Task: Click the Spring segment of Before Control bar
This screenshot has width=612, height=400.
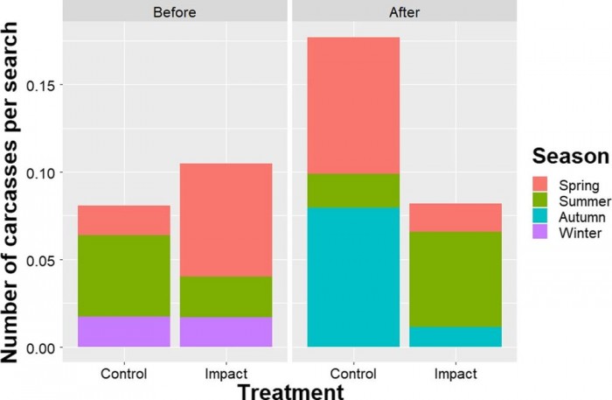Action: tap(123, 221)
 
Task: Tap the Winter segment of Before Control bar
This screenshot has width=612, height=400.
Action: tap(123, 332)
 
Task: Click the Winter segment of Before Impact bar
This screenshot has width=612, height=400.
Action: tap(226, 332)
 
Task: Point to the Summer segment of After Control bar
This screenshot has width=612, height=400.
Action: tap(353, 190)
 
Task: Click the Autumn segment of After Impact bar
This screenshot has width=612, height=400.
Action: tap(456, 337)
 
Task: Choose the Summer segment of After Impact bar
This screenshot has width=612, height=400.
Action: tap(456, 278)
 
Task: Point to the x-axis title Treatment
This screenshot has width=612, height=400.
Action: tap(291, 390)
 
